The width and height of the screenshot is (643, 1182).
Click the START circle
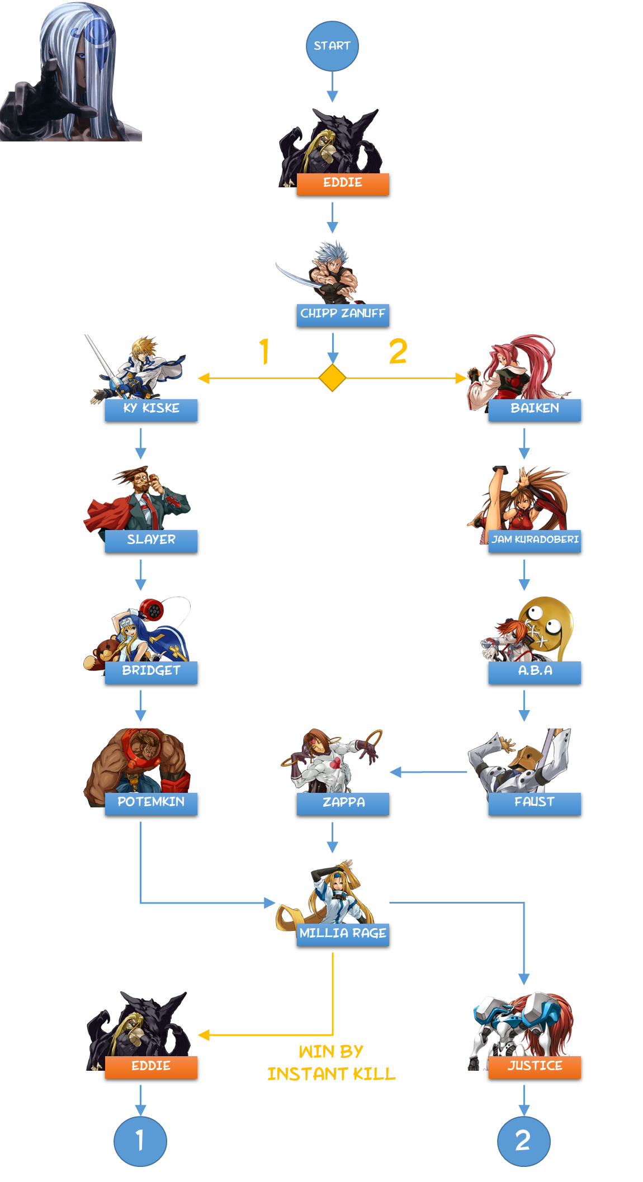pos(332,46)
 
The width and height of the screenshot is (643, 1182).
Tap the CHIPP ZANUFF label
pos(343,314)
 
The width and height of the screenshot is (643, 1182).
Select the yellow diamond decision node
pos(332,378)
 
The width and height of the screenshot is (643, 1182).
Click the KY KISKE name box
pos(151,409)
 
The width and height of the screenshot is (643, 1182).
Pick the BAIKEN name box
pos(535,409)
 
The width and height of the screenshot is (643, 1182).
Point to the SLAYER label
pos(151,541)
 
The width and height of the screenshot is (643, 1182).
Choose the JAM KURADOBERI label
pos(535,541)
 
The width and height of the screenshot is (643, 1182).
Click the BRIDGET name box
pos(151,672)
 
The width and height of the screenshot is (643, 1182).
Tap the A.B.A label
pos(535,672)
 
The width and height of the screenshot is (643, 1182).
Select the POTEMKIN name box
pos(151,803)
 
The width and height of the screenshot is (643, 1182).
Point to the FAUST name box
pos(535,803)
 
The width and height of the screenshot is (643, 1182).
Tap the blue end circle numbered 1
pos(140,1141)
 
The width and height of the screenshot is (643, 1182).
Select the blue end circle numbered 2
pos(523,1141)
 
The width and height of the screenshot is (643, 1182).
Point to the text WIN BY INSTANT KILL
pos(331,1063)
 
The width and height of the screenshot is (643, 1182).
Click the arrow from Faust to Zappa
pos(428,772)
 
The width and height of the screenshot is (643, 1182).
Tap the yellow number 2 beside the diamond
pos(398,352)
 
